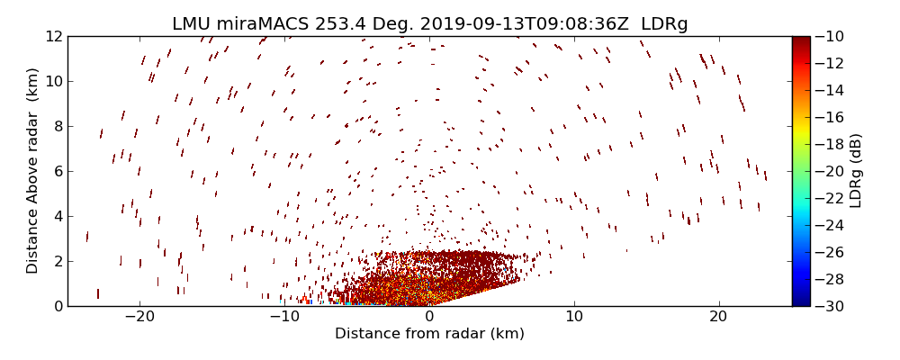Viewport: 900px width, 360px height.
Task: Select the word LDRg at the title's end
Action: tap(664, 23)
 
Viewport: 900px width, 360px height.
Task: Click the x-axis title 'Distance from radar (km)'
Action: tap(429, 334)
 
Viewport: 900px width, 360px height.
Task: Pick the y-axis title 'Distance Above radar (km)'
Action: tap(32, 171)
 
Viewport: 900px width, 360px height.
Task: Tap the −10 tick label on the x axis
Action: tap(284, 317)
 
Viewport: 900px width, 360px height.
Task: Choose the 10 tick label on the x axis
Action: tap(573, 317)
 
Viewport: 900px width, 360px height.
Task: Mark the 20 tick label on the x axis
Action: tap(718, 317)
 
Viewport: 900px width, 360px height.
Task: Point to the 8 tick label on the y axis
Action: tap(58, 126)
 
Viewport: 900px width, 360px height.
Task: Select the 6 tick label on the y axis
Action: tap(58, 171)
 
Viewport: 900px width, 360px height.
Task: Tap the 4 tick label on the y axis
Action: tap(58, 216)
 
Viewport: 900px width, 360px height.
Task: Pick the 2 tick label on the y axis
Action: tap(58, 261)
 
